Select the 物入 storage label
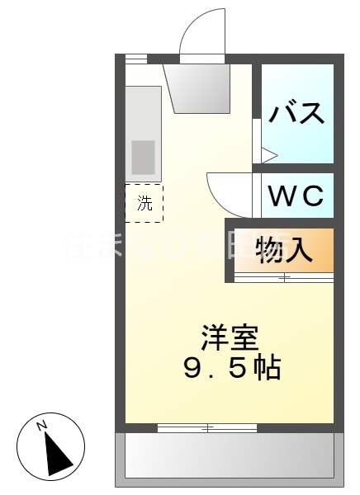coord(284,250)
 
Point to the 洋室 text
coord(230,338)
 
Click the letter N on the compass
coord(43,426)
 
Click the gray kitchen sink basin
coord(143,156)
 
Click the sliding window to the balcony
coord(207,427)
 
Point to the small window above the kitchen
coord(135,59)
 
